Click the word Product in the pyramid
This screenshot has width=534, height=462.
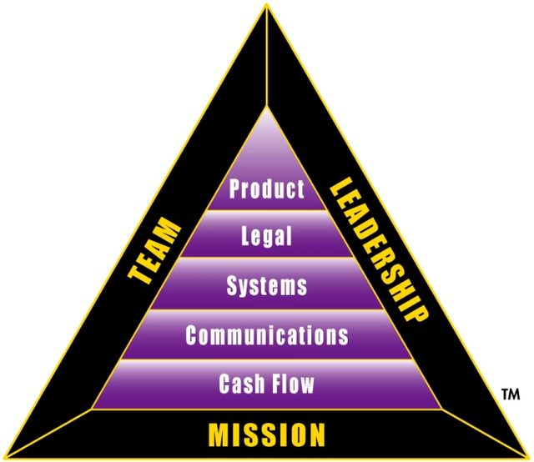tap(267, 188)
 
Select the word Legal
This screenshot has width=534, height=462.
tap(267, 236)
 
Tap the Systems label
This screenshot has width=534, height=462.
tap(267, 286)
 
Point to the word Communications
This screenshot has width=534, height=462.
tap(267, 335)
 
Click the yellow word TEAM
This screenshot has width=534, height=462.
tap(154, 250)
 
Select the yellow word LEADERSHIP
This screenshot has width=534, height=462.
tap(379, 249)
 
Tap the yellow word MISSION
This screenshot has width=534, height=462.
tap(267, 434)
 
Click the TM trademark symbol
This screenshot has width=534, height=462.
tap(511, 394)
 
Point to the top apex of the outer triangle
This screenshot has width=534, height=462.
tap(267, 4)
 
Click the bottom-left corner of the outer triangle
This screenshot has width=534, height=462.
tap(5, 457)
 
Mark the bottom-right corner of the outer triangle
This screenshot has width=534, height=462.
tap(529, 457)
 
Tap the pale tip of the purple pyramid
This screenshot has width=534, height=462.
tap(267, 107)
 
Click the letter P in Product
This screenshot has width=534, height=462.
tap(235, 188)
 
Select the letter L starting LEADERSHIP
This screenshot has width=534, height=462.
tap(341, 187)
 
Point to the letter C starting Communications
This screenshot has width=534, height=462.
tap(192, 335)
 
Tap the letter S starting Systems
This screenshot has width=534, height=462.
tap(232, 285)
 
